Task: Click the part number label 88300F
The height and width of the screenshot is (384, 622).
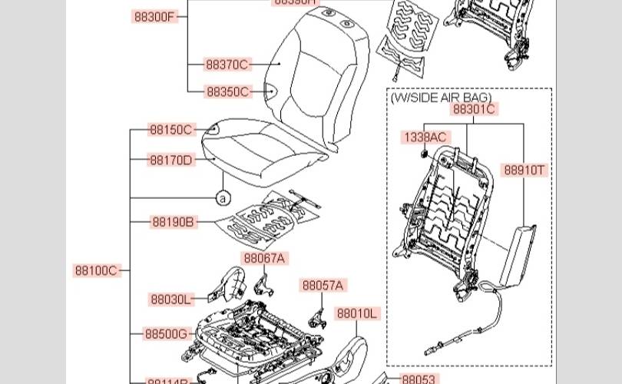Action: pyautogui.click(x=154, y=17)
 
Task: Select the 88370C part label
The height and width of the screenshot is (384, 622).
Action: pyautogui.click(x=227, y=65)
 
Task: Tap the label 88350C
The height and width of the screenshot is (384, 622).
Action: pyautogui.click(x=227, y=92)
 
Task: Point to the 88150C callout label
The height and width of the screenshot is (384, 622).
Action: pyautogui.click(x=171, y=130)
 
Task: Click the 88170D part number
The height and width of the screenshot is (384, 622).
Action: pyautogui.click(x=171, y=161)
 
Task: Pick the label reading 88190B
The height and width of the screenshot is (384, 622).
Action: pyautogui.click(x=173, y=223)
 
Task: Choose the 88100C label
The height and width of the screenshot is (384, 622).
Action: pyautogui.click(x=96, y=270)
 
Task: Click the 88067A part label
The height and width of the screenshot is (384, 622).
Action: pyautogui.click(x=264, y=259)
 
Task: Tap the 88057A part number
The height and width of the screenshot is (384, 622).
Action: pyautogui.click(x=323, y=286)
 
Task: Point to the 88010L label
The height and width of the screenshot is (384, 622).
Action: pyautogui.click(x=357, y=313)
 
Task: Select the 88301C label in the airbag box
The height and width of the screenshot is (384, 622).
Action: pyautogui.click(x=474, y=109)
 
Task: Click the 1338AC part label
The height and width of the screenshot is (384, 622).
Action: pyautogui.click(x=425, y=137)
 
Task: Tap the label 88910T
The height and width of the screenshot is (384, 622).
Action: pyautogui.click(x=525, y=170)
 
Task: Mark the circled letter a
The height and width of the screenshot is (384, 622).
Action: pyautogui.click(x=223, y=198)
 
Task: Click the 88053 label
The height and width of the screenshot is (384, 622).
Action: pyautogui.click(x=419, y=379)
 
